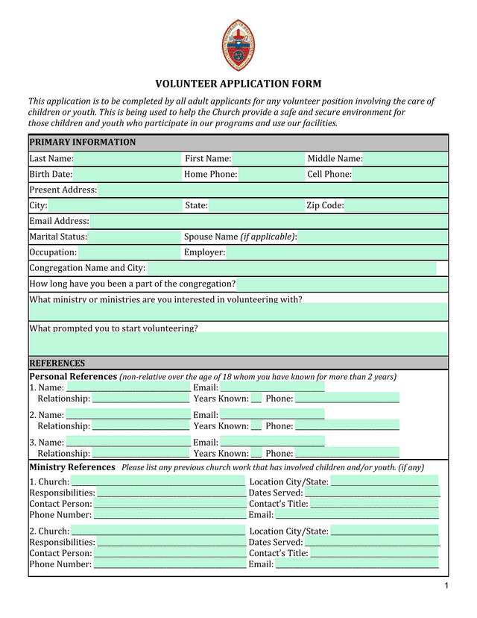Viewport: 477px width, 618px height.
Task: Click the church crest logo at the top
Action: pos(238,46)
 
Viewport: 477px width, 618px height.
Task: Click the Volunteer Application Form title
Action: pos(238,84)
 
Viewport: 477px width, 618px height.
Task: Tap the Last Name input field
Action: pos(127,158)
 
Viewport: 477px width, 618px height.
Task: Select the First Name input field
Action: pos(268,158)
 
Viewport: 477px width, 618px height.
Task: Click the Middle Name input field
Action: pos(405,158)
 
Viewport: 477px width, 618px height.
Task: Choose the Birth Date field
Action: pos(127,175)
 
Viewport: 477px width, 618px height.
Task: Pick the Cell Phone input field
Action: pos(399,175)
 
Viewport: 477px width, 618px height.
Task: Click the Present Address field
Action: pos(272,190)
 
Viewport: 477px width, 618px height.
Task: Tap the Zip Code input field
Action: pos(396,206)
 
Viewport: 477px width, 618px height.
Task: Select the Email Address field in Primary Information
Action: pos(268,221)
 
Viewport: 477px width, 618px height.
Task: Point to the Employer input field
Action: pos(336,252)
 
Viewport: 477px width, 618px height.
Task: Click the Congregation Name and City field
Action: pos(291,268)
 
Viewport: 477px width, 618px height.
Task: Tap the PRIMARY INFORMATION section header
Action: pos(83,143)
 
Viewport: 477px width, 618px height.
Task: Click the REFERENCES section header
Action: pos(57,363)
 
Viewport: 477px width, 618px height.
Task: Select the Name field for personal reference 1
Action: pos(128,387)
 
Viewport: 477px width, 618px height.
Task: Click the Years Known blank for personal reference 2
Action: pos(256,425)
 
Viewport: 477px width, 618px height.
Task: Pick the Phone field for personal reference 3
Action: pos(347,453)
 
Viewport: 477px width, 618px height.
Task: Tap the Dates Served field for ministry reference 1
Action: pos(372,493)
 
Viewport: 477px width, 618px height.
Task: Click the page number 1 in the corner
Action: pos(446,586)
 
